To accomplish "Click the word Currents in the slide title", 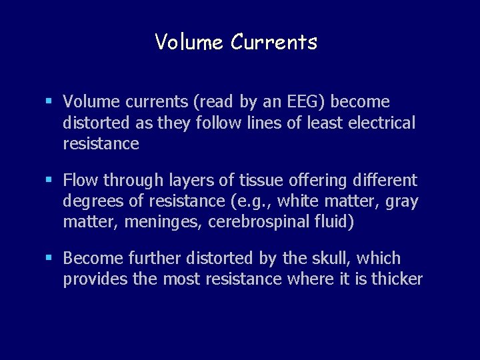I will pyautogui.click(x=274, y=43).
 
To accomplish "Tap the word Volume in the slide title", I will pyautogui.click(x=189, y=43).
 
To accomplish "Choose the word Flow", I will pyautogui.click(x=81, y=181).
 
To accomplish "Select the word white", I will pyautogui.click(x=297, y=201).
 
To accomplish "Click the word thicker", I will pyautogui.click(x=397, y=279).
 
